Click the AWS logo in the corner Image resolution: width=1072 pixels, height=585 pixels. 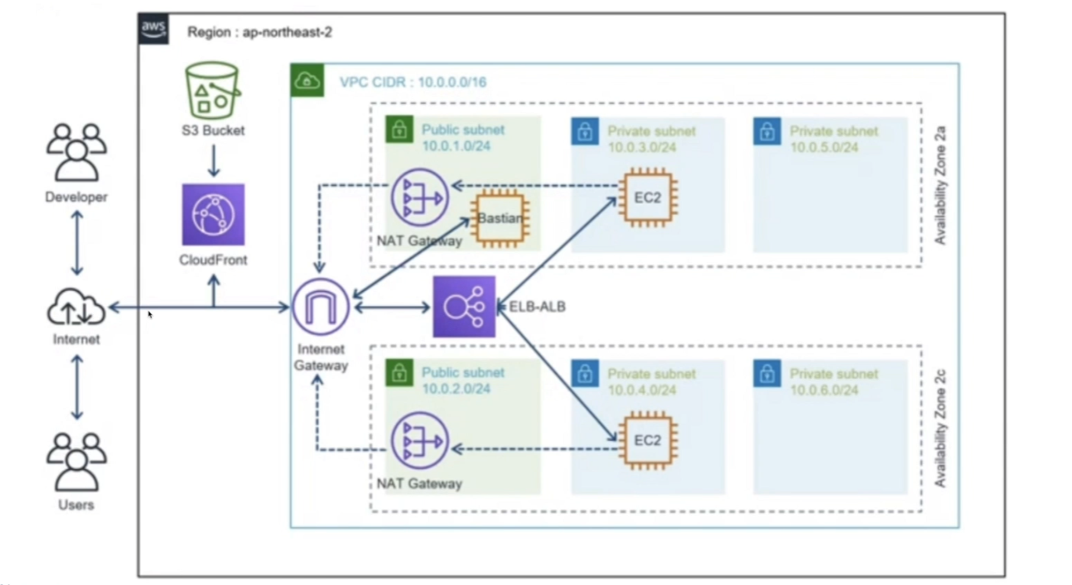click(x=153, y=29)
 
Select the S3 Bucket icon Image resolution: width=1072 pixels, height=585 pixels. click(x=213, y=90)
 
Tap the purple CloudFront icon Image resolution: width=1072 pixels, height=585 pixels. click(x=213, y=215)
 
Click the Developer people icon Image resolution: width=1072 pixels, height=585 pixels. click(x=76, y=152)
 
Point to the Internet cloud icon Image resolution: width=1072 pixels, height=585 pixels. click(x=76, y=307)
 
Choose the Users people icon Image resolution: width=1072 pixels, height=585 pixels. click(x=76, y=462)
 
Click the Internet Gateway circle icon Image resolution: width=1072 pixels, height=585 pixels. click(x=321, y=307)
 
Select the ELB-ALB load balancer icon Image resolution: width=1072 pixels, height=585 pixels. click(x=464, y=307)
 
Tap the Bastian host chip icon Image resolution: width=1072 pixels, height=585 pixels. click(x=500, y=219)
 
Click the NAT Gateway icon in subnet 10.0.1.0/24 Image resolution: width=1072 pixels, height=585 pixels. click(x=419, y=197)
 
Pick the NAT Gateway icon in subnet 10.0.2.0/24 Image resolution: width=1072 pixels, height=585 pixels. click(x=419, y=440)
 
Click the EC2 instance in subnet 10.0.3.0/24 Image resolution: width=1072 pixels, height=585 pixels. click(x=648, y=197)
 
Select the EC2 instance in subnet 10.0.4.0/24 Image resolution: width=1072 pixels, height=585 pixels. click(x=648, y=440)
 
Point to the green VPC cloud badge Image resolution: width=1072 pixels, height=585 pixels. click(x=307, y=80)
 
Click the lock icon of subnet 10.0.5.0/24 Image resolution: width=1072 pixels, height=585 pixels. click(x=767, y=131)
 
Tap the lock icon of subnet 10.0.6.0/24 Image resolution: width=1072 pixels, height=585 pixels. click(x=767, y=373)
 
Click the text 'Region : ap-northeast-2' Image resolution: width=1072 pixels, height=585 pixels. click(x=260, y=32)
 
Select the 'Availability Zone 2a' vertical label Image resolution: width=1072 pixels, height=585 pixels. click(x=940, y=185)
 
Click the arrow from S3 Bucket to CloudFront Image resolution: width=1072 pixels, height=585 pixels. click(x=213, y=161)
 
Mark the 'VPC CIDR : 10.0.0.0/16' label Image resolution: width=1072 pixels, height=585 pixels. click(x=413, y=82)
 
